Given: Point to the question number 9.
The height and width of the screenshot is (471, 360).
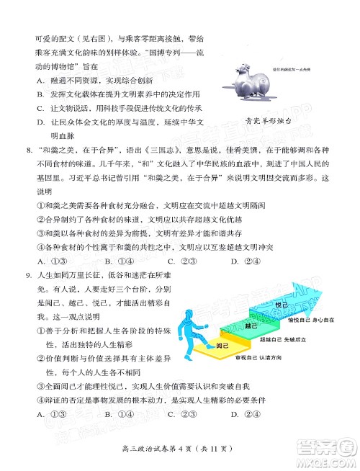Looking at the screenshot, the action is (27, 274).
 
